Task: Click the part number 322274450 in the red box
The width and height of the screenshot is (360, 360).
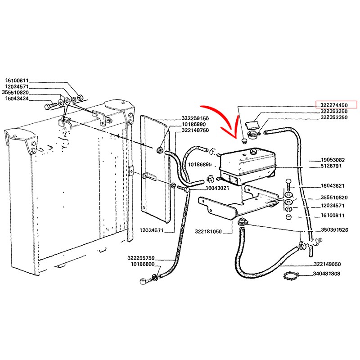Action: pos(334,105)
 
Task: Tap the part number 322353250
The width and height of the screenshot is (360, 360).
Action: pos(334,111)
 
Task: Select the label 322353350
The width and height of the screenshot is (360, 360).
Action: pos(334,117)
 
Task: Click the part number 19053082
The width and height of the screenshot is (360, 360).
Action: pos(333,160)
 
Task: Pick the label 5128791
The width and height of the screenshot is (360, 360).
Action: pos(331,166)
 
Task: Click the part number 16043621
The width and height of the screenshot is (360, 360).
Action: pos(333,185)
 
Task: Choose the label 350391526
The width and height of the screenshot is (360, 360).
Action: pos(334,229)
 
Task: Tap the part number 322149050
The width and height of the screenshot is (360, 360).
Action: pos(327,264)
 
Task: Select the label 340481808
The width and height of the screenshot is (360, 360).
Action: pos(327,274)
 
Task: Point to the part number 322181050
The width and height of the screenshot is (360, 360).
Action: pos(208,231)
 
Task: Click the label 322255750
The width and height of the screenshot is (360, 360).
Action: pos(141,258)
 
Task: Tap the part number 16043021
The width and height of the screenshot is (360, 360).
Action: pos(217,188)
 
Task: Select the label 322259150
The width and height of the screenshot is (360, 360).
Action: pos(195,118)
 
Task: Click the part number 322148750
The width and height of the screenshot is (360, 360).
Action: pos(195,130)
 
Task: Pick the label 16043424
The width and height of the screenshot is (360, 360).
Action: pos(17,99)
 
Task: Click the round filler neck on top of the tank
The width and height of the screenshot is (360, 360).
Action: pos(253,151)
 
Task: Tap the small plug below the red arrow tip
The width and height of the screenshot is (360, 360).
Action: pos(244,140)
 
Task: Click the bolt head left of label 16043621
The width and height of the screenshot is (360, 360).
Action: pos(288,181)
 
